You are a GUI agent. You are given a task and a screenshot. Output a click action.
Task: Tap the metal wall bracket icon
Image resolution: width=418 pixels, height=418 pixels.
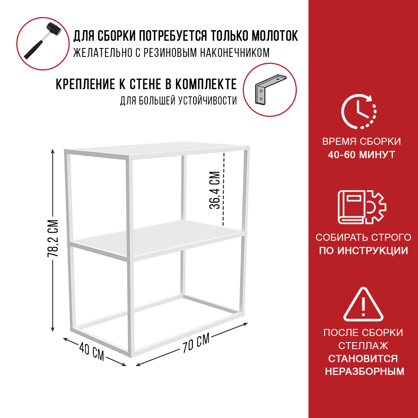pyautogui.click(x=270, y=89)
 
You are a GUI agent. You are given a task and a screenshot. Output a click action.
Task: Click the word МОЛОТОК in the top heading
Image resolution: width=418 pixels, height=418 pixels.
pyautogui.click(x=275, y=36)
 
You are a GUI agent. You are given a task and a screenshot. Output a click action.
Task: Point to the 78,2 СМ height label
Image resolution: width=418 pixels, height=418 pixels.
pyautogui.click(x=53, y=238)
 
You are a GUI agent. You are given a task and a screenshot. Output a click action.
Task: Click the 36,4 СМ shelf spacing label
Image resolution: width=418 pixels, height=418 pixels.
pyautogui.click(x=214, y=190)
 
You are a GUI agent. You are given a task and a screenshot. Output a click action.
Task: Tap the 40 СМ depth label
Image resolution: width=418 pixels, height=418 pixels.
pyautogui.click(x=92, y=351)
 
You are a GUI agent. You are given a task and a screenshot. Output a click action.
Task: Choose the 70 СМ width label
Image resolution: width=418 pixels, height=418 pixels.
pyautogui.click(x=196, y=343)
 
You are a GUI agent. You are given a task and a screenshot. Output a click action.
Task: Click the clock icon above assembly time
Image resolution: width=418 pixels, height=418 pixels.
pyautogui.click(x=359, y=111)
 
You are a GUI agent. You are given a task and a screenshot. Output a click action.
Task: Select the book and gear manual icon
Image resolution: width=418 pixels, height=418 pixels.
pyautogui.click(x=362, y=207)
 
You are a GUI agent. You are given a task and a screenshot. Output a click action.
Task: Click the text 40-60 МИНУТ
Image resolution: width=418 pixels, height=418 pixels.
pyautogui.click(x=361, y=154)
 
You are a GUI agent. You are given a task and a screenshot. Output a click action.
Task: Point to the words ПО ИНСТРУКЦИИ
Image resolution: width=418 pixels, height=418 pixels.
pyautogui.click(x=363, y=250)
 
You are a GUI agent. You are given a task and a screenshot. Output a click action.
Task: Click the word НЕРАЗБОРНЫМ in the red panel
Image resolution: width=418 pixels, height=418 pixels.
pyautogui.click(x=365, y=371)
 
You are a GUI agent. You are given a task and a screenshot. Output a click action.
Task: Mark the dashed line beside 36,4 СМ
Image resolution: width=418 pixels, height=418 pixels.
pyautogui.click(x=223, y=189)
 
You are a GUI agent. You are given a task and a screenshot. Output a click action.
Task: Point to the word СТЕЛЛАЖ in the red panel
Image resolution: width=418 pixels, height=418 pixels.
pyautogui.click(x=363, y=346)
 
